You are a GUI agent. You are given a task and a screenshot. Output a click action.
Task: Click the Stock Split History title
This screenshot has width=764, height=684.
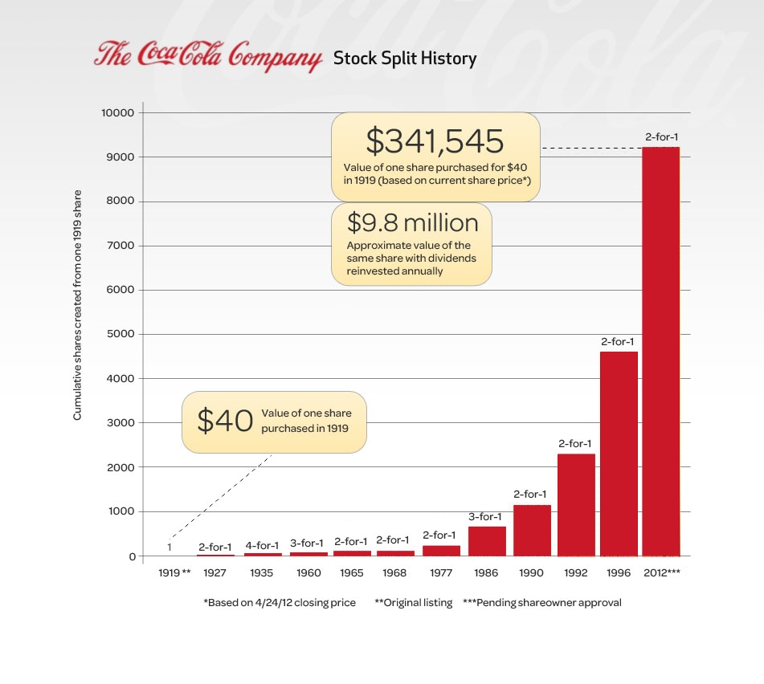[405, 59]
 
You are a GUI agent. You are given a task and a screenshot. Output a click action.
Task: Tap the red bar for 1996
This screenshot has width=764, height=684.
[619, 454]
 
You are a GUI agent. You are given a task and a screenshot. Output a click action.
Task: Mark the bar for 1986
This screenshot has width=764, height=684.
[487, 541]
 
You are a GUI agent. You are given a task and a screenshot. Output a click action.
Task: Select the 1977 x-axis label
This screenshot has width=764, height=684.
[441, 573]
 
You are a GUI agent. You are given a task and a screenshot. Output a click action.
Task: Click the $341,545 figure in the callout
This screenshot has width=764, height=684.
[435, 141]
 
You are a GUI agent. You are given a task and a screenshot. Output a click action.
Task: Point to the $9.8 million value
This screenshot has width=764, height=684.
[412, 222]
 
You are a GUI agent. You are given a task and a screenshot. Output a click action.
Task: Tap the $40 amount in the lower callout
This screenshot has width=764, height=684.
[225, 421]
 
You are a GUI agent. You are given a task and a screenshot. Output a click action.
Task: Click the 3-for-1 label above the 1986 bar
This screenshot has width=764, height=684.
[485, 516]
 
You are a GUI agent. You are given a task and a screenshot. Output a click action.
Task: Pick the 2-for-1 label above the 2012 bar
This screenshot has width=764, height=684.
[661, 137]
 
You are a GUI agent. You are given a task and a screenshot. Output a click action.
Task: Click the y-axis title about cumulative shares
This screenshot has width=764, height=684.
[78, 305]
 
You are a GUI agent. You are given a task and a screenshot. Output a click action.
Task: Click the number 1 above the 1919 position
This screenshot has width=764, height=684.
[170, 548]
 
